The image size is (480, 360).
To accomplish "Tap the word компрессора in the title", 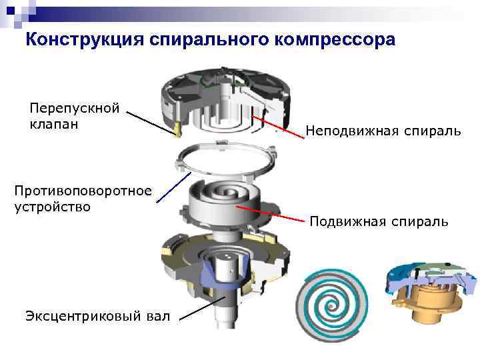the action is click(x=333, y=41).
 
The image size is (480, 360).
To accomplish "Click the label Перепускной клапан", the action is click(x=74, y=116).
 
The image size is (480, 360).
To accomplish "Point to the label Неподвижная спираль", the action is click(x=383, y=131).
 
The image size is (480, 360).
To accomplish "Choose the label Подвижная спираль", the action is click(x=379, y=221).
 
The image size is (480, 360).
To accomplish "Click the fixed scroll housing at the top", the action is click(x=227, y=99).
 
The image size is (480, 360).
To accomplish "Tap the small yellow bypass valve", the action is click(x=177, y=129).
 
